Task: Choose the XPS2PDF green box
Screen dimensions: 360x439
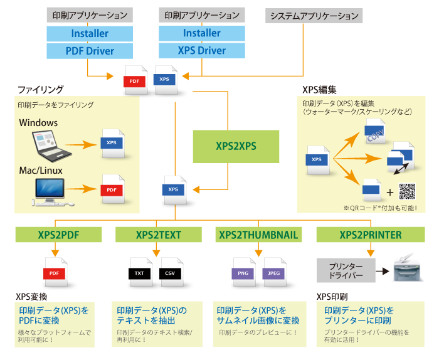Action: [x=58, y=235]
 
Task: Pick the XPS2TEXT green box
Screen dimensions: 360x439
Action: [x=159, y=235]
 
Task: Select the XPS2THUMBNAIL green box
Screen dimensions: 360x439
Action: [x=258, y=235]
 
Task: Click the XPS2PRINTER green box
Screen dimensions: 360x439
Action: [x=371, y=235]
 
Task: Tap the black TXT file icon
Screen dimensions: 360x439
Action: [x=139, y=270]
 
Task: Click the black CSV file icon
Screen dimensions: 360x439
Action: [x=171, y=270]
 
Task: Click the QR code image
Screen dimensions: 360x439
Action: [x=407, y=191]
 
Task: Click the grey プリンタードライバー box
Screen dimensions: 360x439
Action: [x=346, y=272]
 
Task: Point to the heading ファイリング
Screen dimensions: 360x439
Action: [x=40, y=90]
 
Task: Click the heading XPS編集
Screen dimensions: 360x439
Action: [x=320, y=90]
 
